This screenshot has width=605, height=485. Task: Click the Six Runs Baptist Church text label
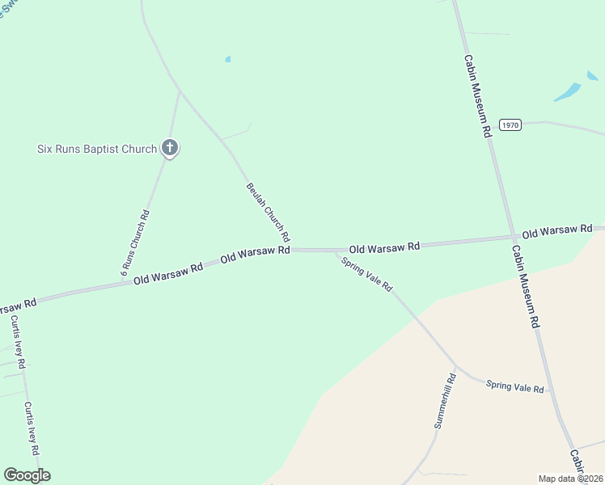(x=97, y=149)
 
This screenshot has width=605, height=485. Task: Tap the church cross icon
(x=170, y=148)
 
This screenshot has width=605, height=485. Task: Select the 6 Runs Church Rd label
(x=136, y=243)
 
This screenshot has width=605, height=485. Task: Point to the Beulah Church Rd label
(x=268, y=213)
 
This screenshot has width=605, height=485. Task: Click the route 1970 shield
(x=510, y=124)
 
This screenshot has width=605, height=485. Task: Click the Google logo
(x=27, y=475)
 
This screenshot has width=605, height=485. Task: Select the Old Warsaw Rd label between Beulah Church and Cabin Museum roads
(x=384, y=247)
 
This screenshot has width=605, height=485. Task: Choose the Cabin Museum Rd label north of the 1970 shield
(x=478, y=95)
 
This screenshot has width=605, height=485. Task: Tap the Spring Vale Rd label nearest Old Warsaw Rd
(x=366, y=274)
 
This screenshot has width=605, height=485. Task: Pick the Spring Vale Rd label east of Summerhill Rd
(x=514, y=386)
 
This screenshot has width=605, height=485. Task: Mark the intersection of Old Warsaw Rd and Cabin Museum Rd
(x=514, y=237)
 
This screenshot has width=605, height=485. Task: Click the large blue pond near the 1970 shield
(x=568, y=91)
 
